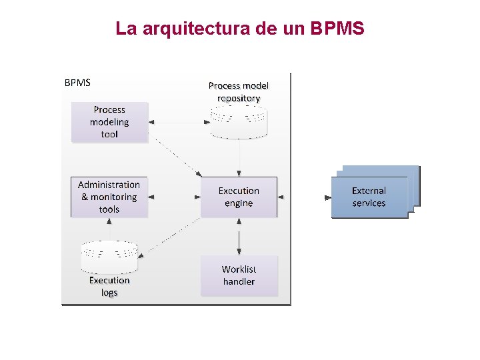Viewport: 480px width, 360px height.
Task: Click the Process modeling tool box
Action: (109, 122)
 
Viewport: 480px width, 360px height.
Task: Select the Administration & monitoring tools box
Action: (109, 197)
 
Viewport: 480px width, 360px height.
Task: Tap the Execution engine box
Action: (239, 197)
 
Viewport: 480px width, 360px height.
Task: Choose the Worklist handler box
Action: (239, 275)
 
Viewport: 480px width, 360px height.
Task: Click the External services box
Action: (369, 197)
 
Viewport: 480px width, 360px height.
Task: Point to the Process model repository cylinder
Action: (239, 124)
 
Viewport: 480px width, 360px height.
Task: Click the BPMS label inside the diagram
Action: (77, 83)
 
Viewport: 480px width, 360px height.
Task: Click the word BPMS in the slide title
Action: (337, 29)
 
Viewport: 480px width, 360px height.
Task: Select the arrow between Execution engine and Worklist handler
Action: (239, 237)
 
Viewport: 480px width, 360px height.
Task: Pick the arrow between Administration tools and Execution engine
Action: (174, 197)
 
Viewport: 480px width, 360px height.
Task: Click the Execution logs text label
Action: (109, 287)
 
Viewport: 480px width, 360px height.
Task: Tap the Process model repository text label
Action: (239, 92)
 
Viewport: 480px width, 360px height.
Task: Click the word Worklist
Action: (239, 269)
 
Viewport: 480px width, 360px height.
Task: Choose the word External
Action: (369, 191)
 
